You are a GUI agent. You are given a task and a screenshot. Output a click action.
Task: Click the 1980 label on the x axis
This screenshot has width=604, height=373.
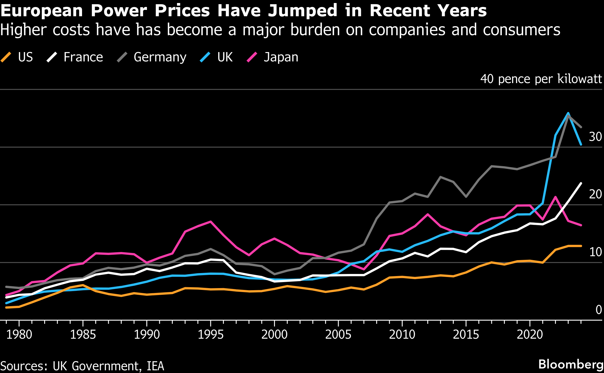tap(19, 334)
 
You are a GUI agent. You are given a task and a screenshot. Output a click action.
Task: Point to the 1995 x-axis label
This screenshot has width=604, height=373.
tap(210, 334)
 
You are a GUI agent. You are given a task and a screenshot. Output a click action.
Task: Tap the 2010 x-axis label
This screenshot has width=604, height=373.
tap(402, 334)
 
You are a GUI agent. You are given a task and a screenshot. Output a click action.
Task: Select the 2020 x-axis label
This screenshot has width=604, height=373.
tap(529, 334)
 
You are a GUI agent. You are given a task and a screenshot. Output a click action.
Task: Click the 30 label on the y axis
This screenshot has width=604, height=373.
tap(595, 137)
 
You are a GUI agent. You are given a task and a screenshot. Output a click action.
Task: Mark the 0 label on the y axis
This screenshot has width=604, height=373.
tap(598, 309)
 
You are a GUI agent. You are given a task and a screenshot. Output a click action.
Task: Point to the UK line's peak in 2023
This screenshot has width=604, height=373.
tap(568, 113)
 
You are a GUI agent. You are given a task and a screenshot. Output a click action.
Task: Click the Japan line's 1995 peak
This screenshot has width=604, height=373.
tap(211, 222)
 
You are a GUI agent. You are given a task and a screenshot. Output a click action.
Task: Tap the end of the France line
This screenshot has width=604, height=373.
tap(581, 183)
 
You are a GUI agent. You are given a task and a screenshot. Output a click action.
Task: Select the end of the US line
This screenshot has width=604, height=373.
tap(581, 246)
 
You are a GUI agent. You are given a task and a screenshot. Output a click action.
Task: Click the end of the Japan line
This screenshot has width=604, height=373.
tap(581, 225)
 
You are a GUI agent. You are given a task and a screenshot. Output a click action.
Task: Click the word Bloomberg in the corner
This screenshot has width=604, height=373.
tap(571, 364)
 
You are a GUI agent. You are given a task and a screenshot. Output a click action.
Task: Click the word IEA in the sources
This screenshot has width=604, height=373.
tap(155, 366)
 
